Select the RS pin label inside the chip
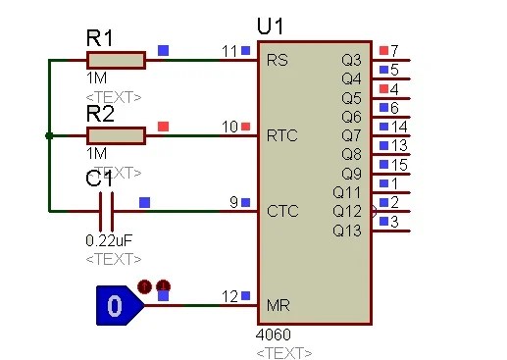click(x=277, y=60)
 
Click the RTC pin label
click(x=281, y=135)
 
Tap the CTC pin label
click(x=281, y=210)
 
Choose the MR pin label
click(x=279, y=305)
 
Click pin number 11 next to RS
click(x=229, y=50)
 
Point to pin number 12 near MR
click(x=229, y=295)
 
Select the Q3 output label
click(x=351, y=60)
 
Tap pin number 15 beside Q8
click(x=399, y=164)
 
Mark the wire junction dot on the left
click(x=49, y=135)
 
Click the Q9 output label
click(x=351, y=173)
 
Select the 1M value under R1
click(x=97, y=78)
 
